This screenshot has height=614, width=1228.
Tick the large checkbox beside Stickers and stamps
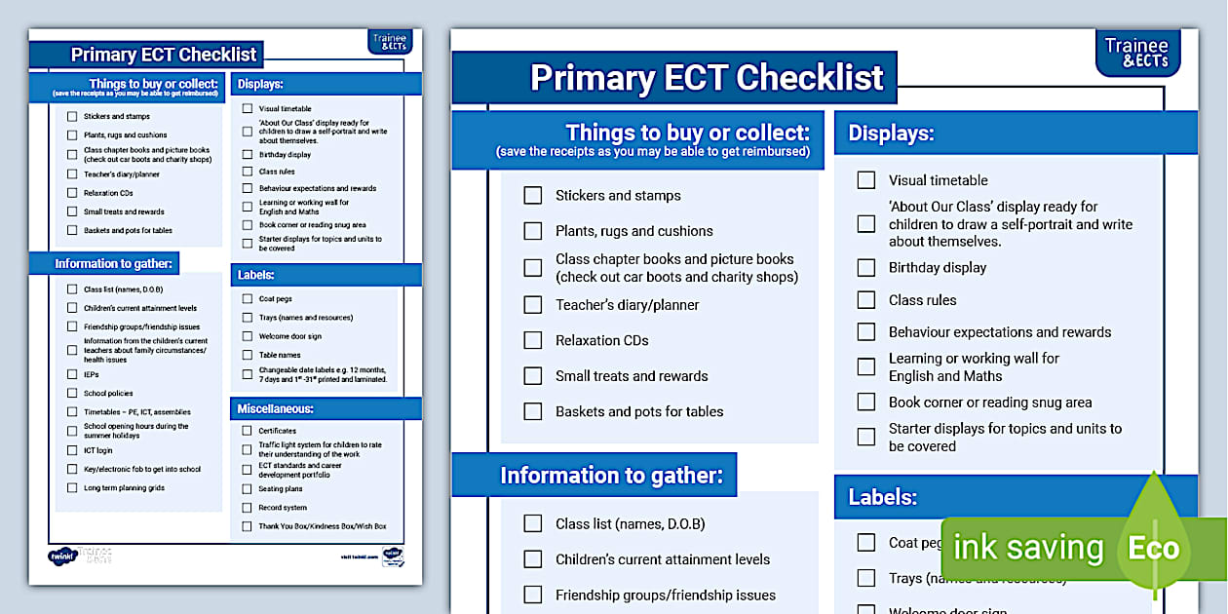click(533, 195)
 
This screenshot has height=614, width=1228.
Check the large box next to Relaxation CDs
click(533, 340)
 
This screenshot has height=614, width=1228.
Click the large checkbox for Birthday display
click(866, 267)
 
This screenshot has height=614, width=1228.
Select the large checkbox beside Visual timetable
click(866, 180)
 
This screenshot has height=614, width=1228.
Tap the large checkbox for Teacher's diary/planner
click(533, 304)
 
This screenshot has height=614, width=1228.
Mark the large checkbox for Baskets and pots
click(533, 411)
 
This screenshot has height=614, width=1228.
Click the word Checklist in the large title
click(810, 77)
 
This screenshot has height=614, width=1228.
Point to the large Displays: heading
click(891, 134)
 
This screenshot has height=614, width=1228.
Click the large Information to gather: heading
click(611, 476)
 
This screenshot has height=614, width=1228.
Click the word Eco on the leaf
click(1154, 548)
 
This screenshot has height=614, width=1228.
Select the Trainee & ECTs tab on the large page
click(1137, 53)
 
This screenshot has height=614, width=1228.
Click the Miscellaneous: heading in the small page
click(276, 408)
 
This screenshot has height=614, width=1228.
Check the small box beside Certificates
click(248, 431)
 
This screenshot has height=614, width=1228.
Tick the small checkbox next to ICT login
click(72, 450)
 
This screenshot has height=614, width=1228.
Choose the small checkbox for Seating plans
click(248, 489)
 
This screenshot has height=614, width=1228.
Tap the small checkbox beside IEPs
click(72, 374)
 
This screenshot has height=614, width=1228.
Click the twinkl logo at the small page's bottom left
click(61, 556)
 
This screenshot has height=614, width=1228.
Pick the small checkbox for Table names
click(248, 355)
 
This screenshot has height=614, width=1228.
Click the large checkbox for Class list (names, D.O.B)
click(533, 523)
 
